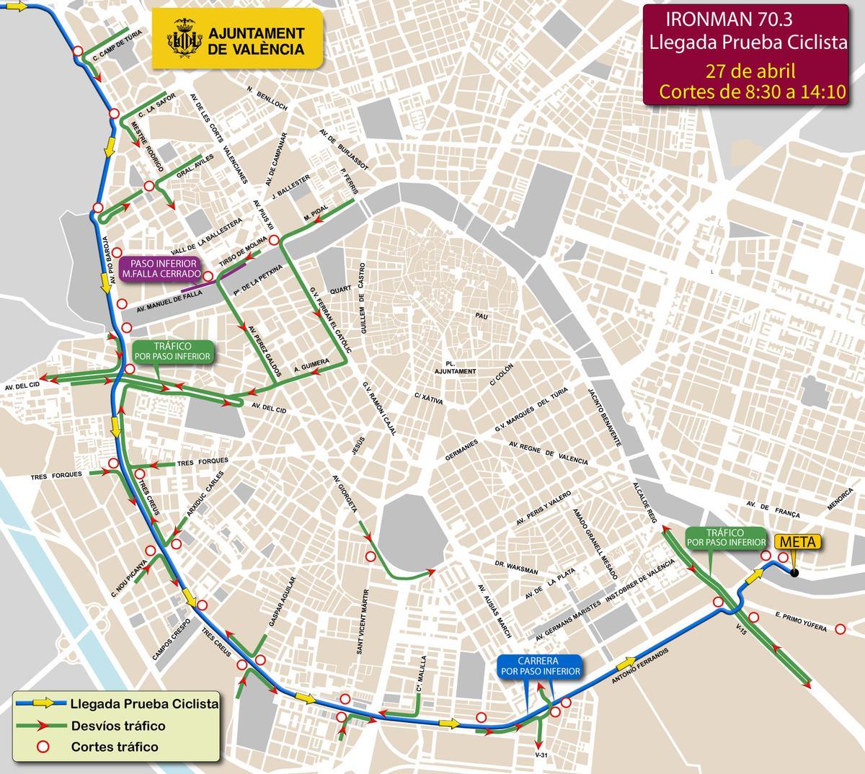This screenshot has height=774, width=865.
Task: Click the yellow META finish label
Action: pos(797,544)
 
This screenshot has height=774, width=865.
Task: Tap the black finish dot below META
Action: pos(794,574)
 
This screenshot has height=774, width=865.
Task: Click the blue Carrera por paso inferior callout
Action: pos(539,665)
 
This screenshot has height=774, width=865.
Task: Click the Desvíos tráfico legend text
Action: pos(117,726)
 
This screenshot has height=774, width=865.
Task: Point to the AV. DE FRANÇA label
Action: pos(773,510)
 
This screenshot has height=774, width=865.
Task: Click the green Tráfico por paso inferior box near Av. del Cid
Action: pos(172,351)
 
